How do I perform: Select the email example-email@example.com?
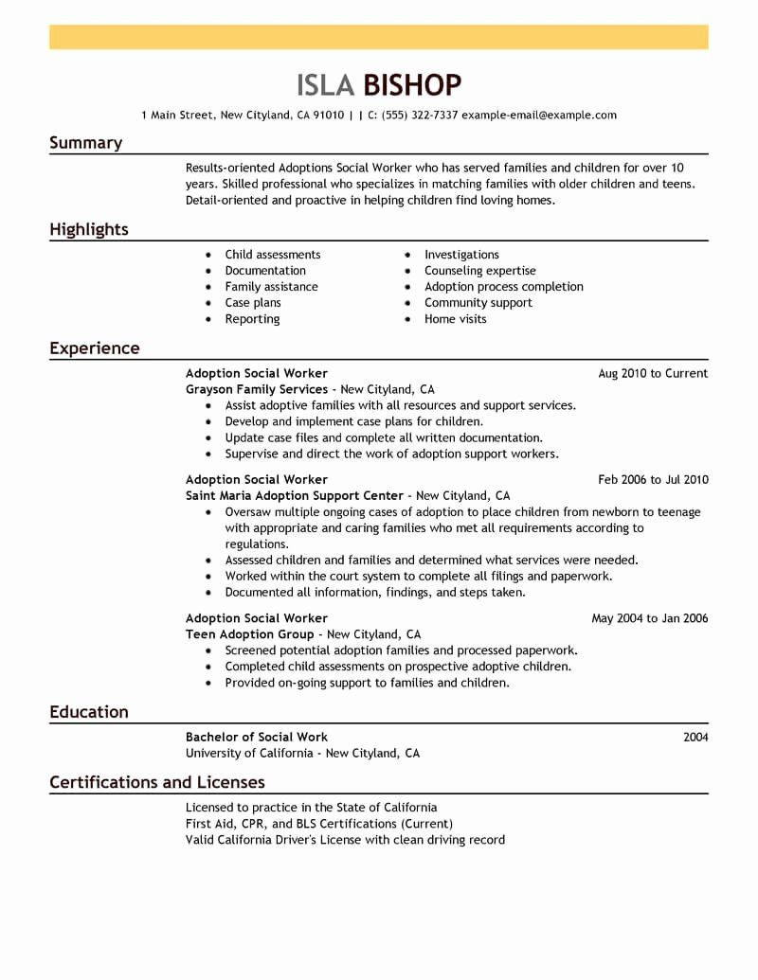(539, 116)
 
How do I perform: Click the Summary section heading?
(85, 143)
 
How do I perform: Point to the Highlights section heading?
(89, 229)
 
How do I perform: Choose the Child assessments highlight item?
(273, 255)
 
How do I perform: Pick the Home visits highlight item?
(456, 319)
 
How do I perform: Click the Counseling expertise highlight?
(480, 271)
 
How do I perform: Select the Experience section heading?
(95, 348)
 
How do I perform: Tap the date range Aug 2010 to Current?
(653, 374)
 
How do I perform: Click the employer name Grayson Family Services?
(257, 389)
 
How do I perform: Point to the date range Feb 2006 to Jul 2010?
(653, 480)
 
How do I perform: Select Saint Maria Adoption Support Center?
(295, 496)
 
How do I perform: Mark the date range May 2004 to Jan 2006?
(650, 619)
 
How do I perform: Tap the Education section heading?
(89, 712)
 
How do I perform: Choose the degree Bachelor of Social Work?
(257, 737)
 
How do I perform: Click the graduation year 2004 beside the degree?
(695, 737)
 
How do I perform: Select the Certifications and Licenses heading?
(157, 782)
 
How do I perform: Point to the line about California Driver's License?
(345, 840)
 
